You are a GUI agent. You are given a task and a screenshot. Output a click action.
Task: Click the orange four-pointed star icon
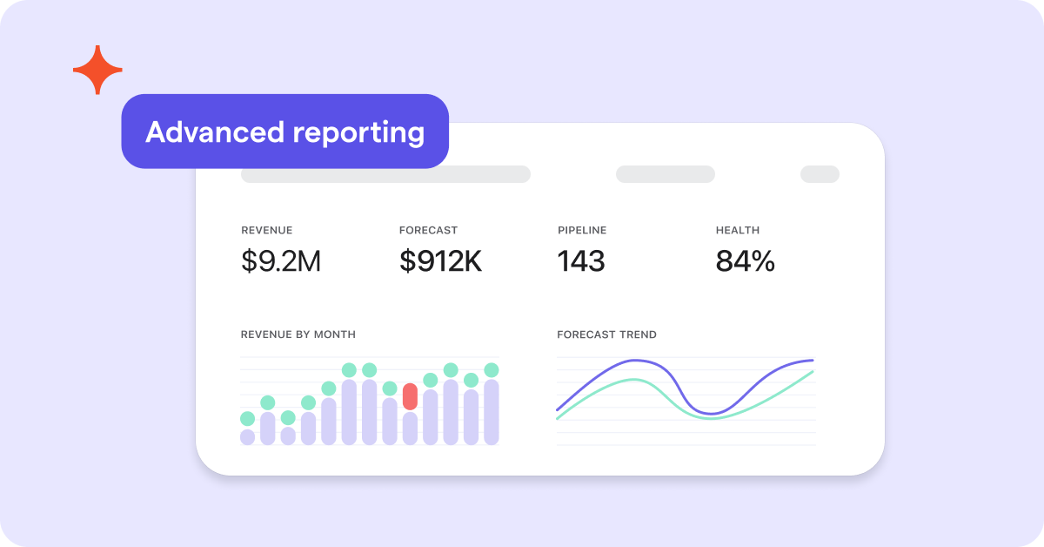(x=97, y=70)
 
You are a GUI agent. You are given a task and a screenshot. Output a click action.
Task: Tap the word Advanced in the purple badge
(x=215, y=132)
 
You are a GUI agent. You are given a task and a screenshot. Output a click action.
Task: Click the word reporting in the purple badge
(x=358, y=133)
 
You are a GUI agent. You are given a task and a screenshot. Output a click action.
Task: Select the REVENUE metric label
(x=266, y=230)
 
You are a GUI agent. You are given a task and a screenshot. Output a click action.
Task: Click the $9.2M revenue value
(x=281, y=260)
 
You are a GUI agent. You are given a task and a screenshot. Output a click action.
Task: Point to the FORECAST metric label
(x=428, y=230)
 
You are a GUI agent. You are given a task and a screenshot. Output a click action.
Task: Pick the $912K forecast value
(x=440, y=260)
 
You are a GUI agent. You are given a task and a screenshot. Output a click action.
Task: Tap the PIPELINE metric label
(x=582, y=230)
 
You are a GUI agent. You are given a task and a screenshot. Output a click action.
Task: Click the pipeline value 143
(x=581, y=261)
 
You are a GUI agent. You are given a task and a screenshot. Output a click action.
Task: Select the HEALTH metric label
(x=738, y=230)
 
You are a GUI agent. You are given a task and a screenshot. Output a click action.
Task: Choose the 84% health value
(x=746, y=261)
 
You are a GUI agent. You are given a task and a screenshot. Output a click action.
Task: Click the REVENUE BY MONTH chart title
(x=298, y=334)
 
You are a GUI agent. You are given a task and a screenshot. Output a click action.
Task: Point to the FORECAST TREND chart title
(x=607, y=334)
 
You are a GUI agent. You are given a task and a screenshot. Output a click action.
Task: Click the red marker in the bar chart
(x=410, y=396)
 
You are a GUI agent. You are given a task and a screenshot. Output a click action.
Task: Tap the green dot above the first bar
(x=247, y=419)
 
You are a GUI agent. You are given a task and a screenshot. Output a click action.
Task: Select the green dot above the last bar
(x=492, y=370)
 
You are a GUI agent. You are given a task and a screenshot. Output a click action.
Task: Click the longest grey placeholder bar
(x=385, y=174)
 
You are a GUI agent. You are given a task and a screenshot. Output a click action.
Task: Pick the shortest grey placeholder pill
(x=820, y=174)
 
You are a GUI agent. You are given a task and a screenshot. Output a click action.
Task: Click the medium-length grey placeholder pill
(x=666, y=174)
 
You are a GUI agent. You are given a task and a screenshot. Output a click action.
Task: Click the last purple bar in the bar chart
(x=492, y=412)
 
